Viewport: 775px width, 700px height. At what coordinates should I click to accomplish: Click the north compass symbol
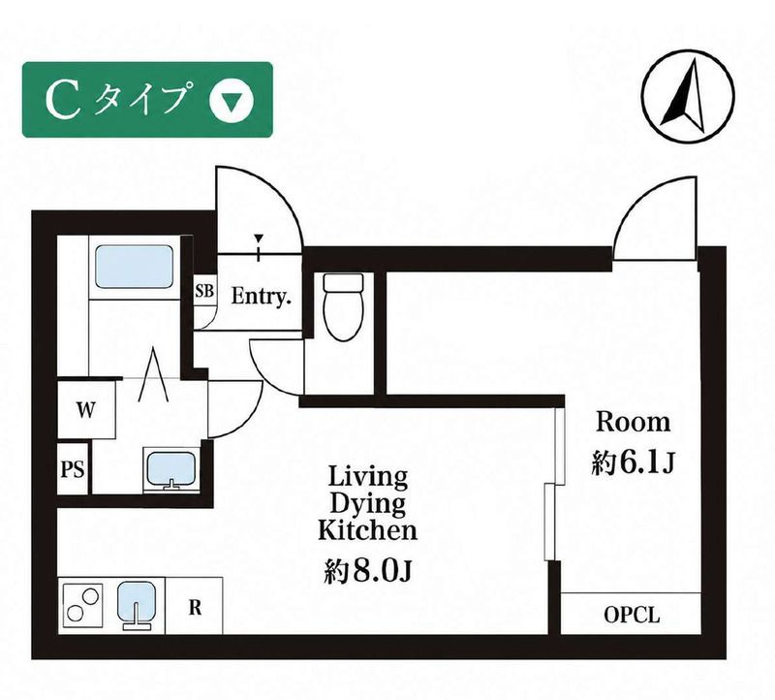point(688,95)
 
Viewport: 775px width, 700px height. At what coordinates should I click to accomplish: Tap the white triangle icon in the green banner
point(231,102)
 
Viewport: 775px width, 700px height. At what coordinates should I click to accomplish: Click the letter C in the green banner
point(63,101)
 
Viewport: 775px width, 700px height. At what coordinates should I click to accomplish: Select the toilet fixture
point(343,306)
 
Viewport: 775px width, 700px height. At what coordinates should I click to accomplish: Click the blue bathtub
point(134,268)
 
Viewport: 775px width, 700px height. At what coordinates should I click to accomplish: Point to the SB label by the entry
point(204,291)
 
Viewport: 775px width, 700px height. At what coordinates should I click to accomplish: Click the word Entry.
point(261,297)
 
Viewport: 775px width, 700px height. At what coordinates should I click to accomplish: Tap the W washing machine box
point(86,409)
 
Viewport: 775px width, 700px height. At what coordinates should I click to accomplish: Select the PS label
point(73,469)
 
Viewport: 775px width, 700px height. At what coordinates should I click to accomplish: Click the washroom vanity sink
point(171,470)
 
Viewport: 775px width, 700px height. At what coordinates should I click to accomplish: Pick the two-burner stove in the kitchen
point(82,605)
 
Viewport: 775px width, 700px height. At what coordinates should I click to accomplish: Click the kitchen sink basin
point(137,606)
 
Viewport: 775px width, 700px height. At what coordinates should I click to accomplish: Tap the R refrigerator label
point(196,608)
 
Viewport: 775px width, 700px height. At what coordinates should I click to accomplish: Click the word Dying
point(367,505)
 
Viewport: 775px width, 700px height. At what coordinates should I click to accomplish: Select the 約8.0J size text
point(368,571)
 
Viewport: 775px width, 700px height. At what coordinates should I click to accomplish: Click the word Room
point(634,423)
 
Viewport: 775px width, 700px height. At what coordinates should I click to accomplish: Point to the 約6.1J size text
point(634,463)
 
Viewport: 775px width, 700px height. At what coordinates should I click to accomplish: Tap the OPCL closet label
point(632,615)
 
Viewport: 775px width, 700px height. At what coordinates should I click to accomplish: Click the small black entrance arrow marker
point(258,239)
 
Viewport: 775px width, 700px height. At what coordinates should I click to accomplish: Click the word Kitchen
point(367,530)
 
